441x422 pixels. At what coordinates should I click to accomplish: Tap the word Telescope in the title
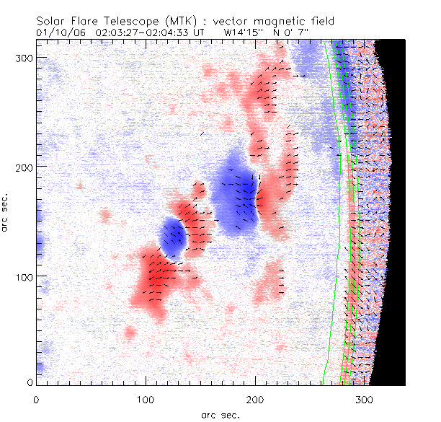pos(122,22)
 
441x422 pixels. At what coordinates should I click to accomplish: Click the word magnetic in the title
pos(270,22)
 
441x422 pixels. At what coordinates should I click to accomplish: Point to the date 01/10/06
pos(55,32)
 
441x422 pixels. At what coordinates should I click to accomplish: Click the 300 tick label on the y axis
pos(22,57)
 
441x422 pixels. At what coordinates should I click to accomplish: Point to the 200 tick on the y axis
pos(22,167)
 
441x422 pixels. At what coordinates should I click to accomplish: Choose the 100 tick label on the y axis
pos(22,277)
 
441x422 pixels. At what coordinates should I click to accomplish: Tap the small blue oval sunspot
pos(172,238)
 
